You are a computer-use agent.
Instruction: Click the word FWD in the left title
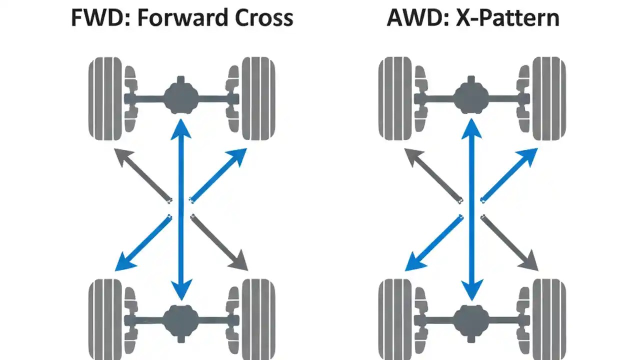(x=95, y=18)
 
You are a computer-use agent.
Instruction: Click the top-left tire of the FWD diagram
(x=105, y=98)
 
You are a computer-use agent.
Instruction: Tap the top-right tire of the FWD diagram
(x=258, y=98)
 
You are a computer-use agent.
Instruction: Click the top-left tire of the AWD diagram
(x=395, y=98)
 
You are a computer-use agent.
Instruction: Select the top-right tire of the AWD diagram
(x=548, y=98)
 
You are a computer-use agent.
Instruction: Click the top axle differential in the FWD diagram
(x=181, y=96)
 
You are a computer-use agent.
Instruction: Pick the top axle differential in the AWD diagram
(x=471, y=96)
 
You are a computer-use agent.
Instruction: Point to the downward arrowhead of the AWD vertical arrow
(x=471, y=290)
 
